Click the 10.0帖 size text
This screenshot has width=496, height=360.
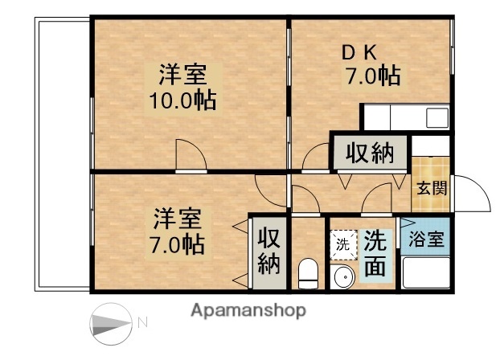coord(182,101)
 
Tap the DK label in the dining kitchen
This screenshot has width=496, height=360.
coord(359,54)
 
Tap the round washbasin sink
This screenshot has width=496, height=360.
coord(342,278)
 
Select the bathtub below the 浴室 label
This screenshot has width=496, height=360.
coord(425,274)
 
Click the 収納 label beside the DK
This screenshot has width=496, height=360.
coord(371,153)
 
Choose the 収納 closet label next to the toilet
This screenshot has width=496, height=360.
coord(268,251)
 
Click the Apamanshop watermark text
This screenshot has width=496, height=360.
coord(248,310)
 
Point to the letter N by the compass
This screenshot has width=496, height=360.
coord(143,323)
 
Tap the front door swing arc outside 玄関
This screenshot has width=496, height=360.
coord(470,194)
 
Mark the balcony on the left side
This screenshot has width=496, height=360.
coord(63,153)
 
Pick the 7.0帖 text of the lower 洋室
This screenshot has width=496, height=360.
coord(177,242)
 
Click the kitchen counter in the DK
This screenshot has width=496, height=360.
coord(405,119)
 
